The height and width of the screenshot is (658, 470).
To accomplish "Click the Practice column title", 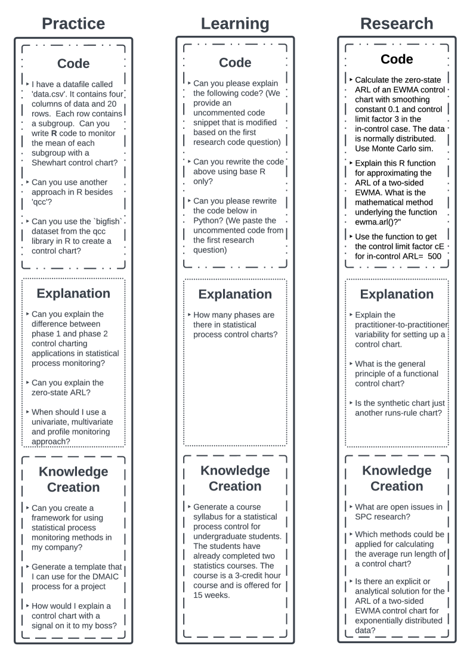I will [74, 23].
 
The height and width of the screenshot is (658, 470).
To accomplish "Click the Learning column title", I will [235, 23].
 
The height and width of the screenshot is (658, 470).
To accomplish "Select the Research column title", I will [397, 23].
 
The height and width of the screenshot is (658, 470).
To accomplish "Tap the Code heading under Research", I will [397, 59].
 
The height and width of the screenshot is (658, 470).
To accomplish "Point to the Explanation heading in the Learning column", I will [235, 294].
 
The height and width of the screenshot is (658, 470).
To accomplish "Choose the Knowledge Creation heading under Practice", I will [74, 479].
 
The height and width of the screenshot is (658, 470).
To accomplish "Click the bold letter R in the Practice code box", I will [52, 125].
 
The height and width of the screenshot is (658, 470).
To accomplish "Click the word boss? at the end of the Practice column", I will [104, 625].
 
